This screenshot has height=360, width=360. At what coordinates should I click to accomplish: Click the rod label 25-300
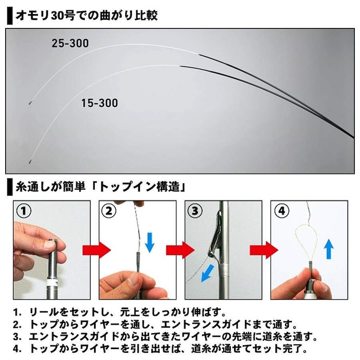click(x=70, y=43)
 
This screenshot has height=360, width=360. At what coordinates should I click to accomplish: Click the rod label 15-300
click(x=100, y=103)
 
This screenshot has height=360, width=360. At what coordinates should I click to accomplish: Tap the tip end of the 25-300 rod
click(x=29, y=104)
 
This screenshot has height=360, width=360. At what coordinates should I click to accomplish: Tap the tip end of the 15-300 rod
click(x=30, y=163)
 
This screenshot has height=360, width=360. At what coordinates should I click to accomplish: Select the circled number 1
click(x=24, y=210)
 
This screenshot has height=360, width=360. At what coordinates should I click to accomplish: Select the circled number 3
click(x=195, y=210)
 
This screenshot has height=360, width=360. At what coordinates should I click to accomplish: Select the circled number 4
click(x=282, y=210)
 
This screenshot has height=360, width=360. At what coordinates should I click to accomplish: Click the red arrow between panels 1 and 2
click(x=97, y=250)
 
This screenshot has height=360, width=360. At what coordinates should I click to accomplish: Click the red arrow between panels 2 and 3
click(x=180, y=250)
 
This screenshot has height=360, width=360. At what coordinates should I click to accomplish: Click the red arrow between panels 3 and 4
click(x=264, y=250)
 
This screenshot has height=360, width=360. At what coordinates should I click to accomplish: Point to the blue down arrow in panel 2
click(x=150, y=242)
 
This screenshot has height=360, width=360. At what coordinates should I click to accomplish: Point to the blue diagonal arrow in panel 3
click(x=207, y=273)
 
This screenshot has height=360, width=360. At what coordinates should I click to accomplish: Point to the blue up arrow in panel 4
click(x=328, y=249)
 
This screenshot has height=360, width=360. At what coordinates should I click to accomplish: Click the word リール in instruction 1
click(x=44, y=312)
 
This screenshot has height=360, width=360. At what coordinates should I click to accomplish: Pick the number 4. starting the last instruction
click(x=17, y=349)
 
